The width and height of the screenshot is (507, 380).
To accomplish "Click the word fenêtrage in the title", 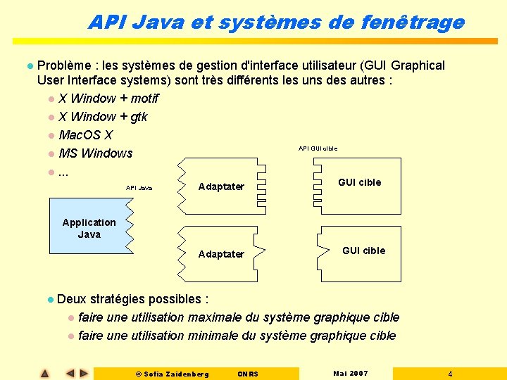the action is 413,22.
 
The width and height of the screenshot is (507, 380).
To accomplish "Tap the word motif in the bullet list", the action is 144,98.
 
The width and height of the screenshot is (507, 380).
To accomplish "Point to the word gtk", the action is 139,116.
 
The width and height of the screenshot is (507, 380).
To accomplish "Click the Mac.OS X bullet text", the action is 85,134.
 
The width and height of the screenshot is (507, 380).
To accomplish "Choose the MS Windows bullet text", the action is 96,153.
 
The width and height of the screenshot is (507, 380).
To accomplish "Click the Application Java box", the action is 89,228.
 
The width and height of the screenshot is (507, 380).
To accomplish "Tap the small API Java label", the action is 139,188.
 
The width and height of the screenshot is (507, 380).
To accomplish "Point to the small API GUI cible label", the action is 318,148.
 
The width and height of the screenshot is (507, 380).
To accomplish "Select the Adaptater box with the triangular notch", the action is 220,253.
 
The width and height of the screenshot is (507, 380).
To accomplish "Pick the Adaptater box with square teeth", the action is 220,186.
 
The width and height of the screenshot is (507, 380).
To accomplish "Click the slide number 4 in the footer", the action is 450,374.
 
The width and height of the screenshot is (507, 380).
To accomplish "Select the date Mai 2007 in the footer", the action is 350,373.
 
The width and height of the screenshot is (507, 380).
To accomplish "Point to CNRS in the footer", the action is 248,374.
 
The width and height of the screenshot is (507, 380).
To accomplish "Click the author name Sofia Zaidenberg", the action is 176,374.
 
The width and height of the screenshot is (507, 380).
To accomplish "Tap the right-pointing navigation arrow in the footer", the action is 84,373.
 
